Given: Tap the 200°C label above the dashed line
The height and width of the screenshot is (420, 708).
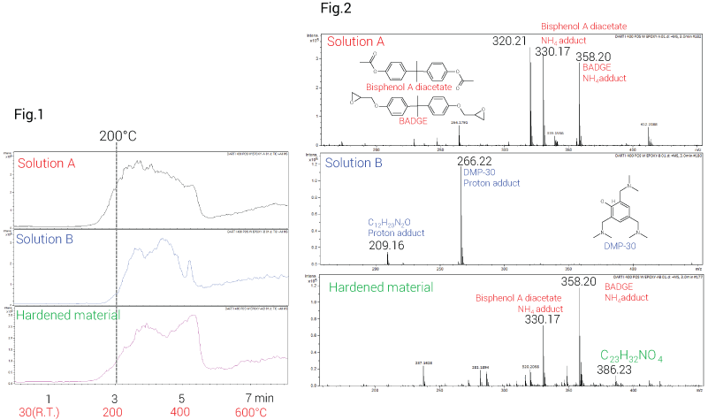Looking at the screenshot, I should pos(118,137).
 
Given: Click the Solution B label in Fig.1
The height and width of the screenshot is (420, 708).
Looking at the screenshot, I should pos(46,240).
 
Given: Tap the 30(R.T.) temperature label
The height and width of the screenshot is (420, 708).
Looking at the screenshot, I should pos(48,412).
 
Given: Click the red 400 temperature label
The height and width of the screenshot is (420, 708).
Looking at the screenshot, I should pos(182,412).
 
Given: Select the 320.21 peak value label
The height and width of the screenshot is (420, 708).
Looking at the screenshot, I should pos(509,41).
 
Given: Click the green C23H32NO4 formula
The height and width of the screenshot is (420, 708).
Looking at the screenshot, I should pos(632,356).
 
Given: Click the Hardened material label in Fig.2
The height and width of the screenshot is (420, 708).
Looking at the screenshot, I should pos(381,287).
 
